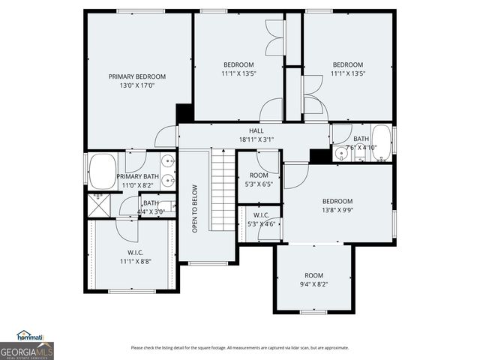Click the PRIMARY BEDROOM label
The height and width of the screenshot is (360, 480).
pos(137,76)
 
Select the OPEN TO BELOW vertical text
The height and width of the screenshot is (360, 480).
pos(195,208)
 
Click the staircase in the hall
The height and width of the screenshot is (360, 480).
pos(223,190)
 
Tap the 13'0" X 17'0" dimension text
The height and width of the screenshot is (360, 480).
pos(137,85)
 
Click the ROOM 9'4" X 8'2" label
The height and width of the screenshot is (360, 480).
pos(313,280)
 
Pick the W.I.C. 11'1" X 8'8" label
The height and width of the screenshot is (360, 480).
pos(136,257)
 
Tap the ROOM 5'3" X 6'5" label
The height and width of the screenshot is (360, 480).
pos(259,179)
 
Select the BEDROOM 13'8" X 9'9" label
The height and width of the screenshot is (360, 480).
pos(337,205)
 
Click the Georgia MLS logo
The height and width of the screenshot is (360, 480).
pos(27,350)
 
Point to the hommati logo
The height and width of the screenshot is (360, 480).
pos(30,336)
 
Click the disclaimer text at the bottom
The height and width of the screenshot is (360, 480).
pos(239,347)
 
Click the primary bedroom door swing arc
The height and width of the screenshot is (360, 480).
pos(166,137)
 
